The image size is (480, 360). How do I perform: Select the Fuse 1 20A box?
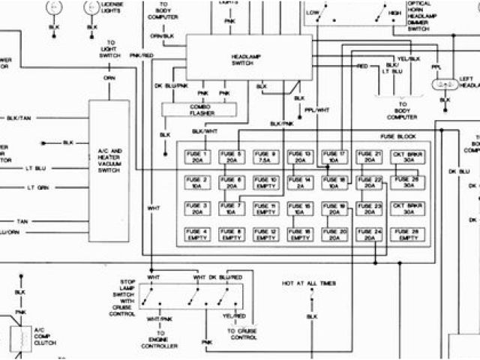pyautogui.click(x=196, y=157)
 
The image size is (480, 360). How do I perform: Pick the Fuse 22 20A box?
pyautogui.click(x=370, y=184)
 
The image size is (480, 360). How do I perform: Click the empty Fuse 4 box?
pyautogui.click(x=196, y=235)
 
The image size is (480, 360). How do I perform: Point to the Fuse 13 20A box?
pyautogui.click(x=300, y=157)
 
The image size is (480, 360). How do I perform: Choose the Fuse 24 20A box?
pyautogui.click(x=370, y=235)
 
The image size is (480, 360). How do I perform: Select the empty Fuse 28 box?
pyautogui.click(x=406, y=235)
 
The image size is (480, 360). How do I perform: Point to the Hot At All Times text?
pyautogui.click(x=309, y=283)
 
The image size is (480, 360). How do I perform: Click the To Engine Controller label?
pyautogui.click(x=160, y=339)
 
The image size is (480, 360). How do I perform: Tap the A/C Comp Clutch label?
pyautogui.click(x=44, y=335)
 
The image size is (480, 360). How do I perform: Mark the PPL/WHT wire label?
pyautogui.click(x=316, y=109)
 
